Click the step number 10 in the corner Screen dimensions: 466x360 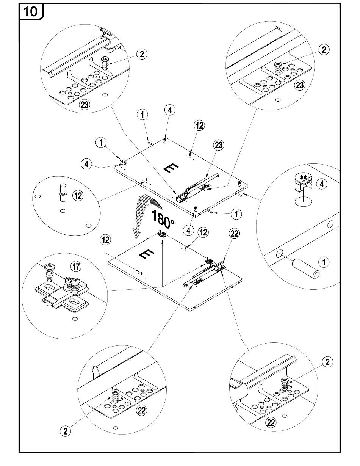31,11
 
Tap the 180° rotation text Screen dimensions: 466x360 163,218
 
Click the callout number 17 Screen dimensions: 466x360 76,267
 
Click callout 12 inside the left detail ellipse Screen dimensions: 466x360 78,196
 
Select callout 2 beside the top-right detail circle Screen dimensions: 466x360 324,49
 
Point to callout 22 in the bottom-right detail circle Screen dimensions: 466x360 271,422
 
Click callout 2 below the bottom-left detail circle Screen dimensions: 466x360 65,430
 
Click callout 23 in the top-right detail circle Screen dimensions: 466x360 299,85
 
